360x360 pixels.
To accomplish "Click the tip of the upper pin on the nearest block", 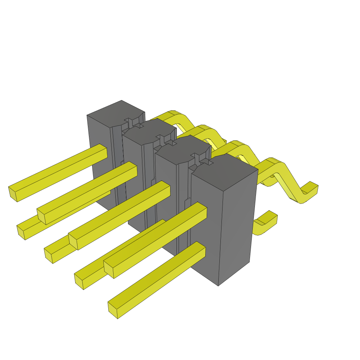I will click(108, 269).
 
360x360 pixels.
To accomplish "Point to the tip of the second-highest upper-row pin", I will click(41, 217).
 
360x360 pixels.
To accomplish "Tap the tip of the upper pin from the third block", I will click(73, 241).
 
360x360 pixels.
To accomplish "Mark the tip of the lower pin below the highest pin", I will click(21, 232).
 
